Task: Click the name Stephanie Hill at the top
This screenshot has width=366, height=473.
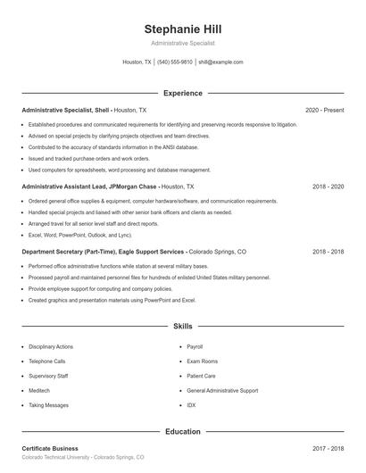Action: pyautogui.click(x=182, y=27)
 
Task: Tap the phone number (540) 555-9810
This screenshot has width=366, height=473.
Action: pyautogui.click(x=175, y=62)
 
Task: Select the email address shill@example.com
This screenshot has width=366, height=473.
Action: pyautogui.click(x=220, y=62)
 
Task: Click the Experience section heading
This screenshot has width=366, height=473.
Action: pyautogui.click(x=182, y=93)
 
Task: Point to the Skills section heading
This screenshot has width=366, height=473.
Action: pyautogui.click(x=182, y=328)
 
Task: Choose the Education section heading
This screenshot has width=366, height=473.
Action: pyautogui.click(x=182, y=432)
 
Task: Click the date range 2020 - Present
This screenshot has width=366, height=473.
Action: pyautogui.click(x=324, y=110)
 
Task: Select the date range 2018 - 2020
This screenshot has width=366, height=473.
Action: pyautogui.click(x=328, y=187)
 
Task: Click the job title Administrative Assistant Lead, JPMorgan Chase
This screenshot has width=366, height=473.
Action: pyautogui.click(x=89, y=187)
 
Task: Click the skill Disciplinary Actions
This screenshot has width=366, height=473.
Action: pyautogui.click(x=51, y=346)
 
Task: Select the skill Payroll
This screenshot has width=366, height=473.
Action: pyautogui.click(x=195, y=346)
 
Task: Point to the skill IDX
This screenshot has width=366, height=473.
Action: pyautogui.click(x=191, y=405)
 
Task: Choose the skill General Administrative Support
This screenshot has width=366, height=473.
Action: pyautogui.click(x=222, y=390)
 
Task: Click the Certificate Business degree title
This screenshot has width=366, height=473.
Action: pyautogui.click(x=50, y=448)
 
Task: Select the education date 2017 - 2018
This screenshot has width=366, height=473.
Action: pyautogui.click(x=328, y=448)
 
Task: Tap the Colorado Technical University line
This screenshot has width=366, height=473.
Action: pyautogui.click(x=82, y=457)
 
